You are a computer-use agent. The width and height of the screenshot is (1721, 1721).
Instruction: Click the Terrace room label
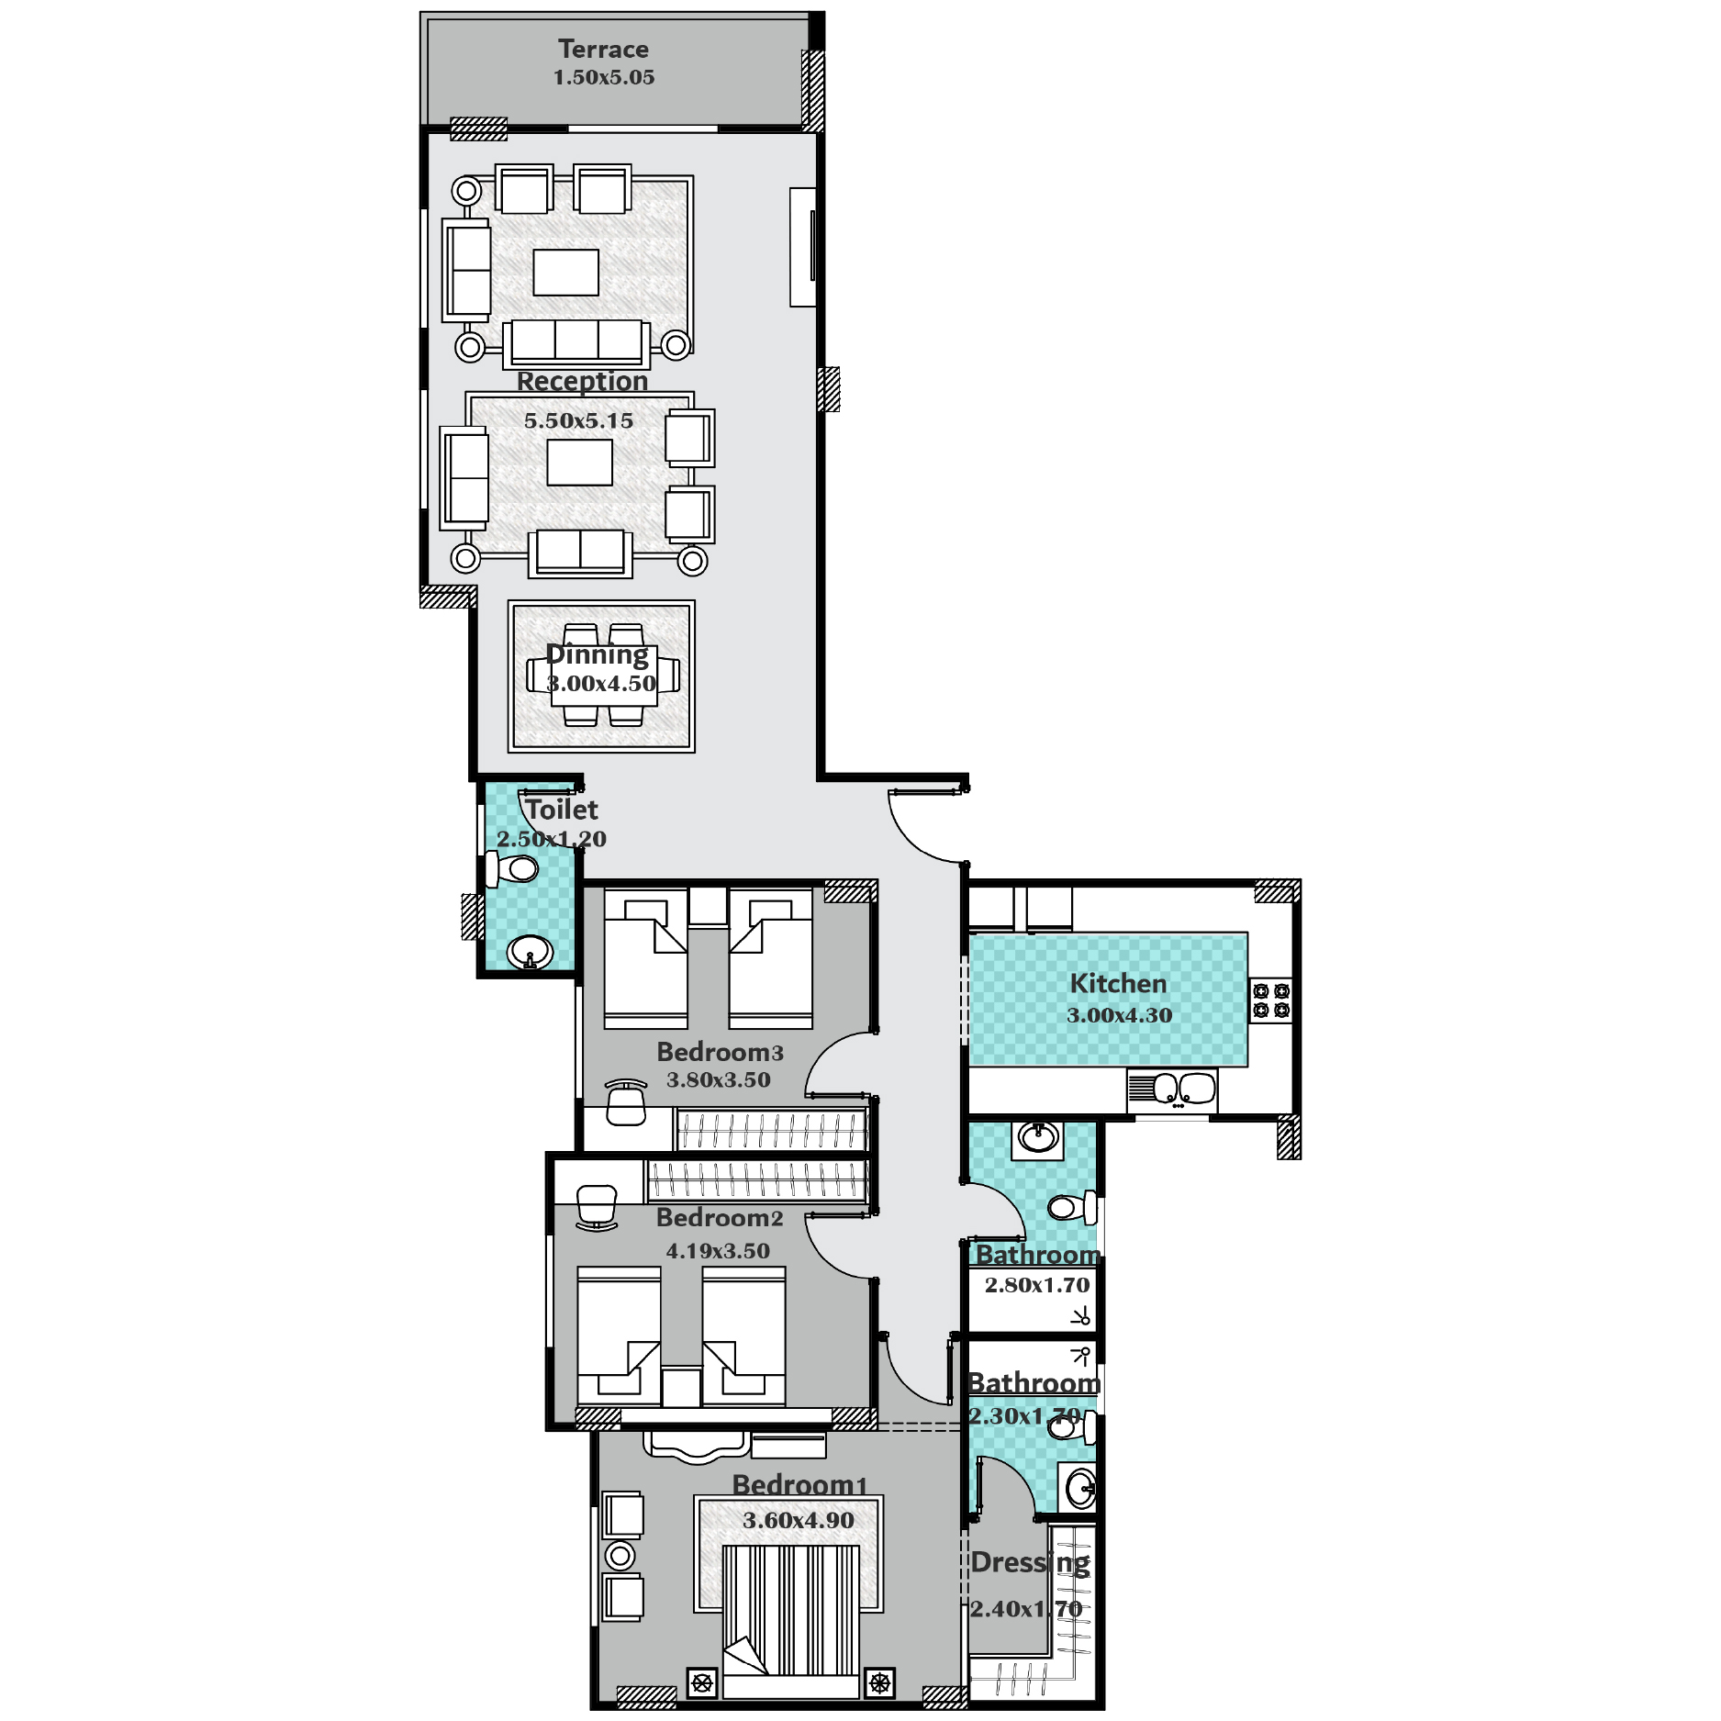point(603,49)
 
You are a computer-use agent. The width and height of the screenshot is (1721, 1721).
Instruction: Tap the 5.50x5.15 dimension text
point(578,420)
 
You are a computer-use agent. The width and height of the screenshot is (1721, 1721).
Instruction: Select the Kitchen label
point(1118,983)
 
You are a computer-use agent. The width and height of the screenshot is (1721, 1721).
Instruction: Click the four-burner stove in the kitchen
point(1271,1000)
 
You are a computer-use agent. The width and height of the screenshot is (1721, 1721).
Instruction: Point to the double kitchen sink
point(1172,1090)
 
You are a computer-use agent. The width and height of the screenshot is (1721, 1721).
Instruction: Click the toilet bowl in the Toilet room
point(514,868)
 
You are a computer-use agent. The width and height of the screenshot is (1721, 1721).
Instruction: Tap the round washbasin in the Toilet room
point(530,952)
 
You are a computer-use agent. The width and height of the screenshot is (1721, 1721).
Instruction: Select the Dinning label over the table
point(597,654)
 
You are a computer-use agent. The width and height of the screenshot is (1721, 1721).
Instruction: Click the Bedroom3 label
point(720,1052)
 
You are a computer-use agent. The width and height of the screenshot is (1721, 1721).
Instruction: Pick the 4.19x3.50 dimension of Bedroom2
point(718,1250)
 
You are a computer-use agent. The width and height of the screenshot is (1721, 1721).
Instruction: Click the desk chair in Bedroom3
point(626,1101)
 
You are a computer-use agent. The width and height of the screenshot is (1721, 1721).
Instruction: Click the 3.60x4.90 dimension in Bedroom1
point(799,1520)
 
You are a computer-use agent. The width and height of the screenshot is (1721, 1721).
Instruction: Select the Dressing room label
point(1030,1562)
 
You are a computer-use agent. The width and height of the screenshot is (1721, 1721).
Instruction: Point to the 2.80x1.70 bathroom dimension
point(1037,1285)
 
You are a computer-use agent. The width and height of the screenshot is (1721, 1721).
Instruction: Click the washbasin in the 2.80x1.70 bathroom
point(1038,1138)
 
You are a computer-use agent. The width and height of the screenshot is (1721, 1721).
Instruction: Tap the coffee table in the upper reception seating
point(566,273)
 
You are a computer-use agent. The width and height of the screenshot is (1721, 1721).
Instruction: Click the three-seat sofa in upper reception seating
point(576,342)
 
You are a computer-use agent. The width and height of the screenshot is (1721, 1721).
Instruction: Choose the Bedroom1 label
point(799,1484)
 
